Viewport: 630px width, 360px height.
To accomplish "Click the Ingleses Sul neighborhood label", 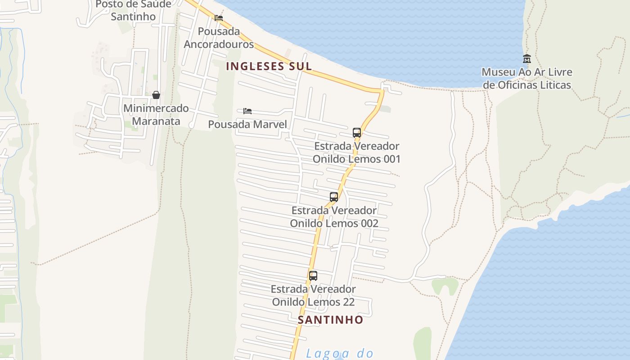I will coord(269,66).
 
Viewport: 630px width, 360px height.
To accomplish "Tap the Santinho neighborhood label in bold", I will coord(330,320).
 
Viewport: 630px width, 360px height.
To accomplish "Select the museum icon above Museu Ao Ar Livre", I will coord(527,58).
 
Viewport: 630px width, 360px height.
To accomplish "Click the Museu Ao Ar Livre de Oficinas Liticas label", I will coord(527,78).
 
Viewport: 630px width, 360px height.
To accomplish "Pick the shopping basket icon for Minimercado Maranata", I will coord(156,95).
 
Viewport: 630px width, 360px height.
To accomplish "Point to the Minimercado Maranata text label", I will coord(156,115).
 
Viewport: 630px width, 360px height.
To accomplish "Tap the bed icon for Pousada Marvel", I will coord(247,111).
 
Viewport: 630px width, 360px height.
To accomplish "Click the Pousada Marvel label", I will coord(247,124).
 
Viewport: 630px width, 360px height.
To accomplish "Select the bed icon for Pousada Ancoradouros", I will coord(219,18).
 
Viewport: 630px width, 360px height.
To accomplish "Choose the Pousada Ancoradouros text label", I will coord(219,38).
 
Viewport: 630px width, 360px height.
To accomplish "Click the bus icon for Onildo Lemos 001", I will coord(357,133).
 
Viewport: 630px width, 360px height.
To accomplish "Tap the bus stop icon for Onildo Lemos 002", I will coord(334,197).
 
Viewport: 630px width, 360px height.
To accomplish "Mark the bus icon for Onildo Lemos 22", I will coord(313,276).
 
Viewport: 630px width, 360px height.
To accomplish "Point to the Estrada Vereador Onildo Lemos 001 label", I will coord(357,153).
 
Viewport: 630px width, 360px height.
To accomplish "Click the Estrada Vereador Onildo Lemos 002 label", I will coord(334,217).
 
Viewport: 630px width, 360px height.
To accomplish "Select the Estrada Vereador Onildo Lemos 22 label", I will coord(313,295).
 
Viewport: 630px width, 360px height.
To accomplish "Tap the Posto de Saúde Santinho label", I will coord(133,10).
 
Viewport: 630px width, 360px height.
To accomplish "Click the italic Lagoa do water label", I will coord(340,353).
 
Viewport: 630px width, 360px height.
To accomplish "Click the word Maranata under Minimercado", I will coord(156,121).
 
